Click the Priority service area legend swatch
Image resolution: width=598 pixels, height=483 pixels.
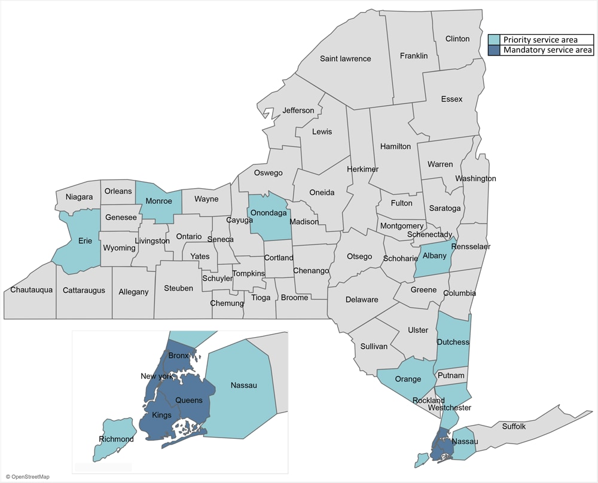pos(495,40)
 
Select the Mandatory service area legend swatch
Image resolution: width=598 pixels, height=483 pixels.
pos(495,50)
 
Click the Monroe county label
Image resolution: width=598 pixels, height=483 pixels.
pos(158,201)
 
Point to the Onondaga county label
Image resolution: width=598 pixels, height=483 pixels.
pos(269,213)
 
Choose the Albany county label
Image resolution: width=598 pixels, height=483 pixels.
pos(435,256)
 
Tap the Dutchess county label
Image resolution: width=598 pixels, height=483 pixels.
pos(453,342)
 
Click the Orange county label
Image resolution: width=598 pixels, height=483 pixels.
pos(408,379)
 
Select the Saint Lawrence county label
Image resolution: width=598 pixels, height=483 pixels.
pos(345,59)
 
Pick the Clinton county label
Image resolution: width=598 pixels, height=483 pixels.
pos(457,39)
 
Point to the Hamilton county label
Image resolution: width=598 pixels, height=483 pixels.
pos(395,146)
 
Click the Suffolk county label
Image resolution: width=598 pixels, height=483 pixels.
pos(514,426)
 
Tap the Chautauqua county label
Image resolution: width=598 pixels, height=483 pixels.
pos(32,290)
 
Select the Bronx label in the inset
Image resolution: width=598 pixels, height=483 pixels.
pos(178,356)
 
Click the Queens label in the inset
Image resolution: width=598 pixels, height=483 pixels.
pos(188,400)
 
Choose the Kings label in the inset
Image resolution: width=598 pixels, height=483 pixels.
pos(161,415)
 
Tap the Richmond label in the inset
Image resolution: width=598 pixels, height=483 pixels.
pos(117,439)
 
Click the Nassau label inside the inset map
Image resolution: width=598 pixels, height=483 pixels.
pos(243,386)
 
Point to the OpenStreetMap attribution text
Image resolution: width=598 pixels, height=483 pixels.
pos(28,476)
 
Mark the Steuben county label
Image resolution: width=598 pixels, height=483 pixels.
pos(178,288)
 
